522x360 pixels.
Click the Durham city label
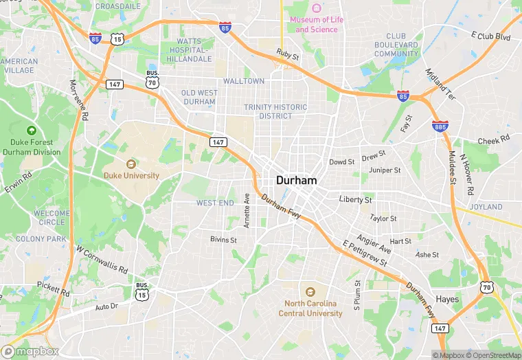point(296,180)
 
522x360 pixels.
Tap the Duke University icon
point(131,164)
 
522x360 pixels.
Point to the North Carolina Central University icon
point(310,291)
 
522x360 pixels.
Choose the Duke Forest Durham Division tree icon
point(31,131)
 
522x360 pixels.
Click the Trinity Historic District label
point(275,111)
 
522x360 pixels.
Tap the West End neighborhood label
point(215,203)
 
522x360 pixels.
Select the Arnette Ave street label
point(247,210)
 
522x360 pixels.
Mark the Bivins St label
point(223,240)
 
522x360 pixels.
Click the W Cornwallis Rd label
point(102,260)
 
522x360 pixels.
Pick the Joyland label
point(486,207)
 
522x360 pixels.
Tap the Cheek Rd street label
point(494,140)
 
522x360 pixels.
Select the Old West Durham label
point(198,97)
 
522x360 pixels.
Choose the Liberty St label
point(355,200)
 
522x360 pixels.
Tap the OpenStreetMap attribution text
point(495,355)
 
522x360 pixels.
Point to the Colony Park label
point(41,239)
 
